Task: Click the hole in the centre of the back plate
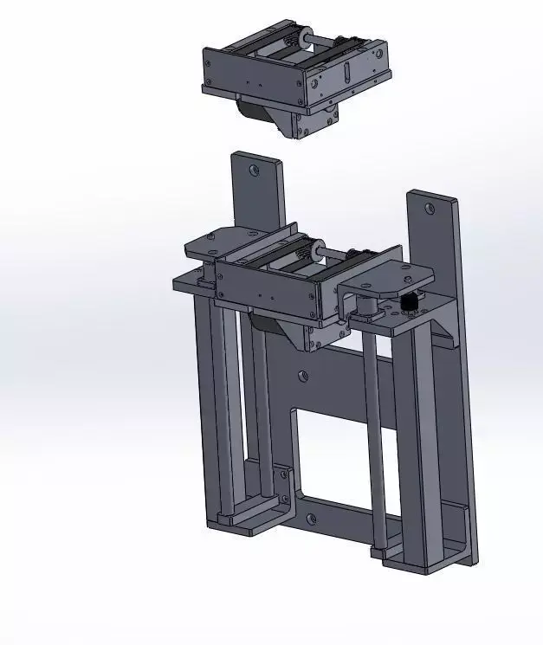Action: [x=302, y=376]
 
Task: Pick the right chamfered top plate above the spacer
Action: [x=385, y=278]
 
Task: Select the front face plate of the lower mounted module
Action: [x=264, y=286]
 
